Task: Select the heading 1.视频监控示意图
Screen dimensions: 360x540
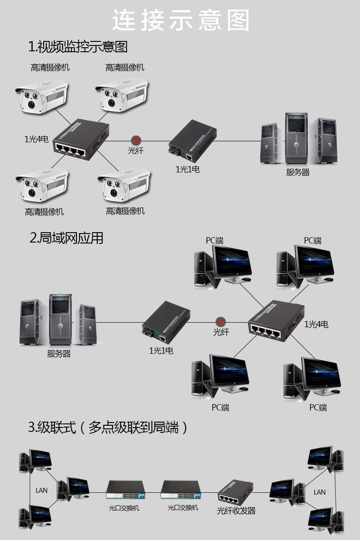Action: tap(78, 46)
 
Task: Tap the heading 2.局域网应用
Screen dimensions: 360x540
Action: tap(66, 238)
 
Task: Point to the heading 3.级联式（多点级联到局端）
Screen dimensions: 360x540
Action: tap(108, 427)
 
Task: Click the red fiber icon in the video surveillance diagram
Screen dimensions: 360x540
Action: tap(136, 140)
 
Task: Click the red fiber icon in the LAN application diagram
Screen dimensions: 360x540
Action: tap(220, 322)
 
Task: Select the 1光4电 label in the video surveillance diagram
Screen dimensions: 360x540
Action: tap(36, 139)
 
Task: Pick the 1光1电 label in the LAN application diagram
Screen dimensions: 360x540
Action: tap(161, 351)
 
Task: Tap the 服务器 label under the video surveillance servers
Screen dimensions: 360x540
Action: tap(298, 172)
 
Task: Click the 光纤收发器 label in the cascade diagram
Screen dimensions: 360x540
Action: tap(236, 510)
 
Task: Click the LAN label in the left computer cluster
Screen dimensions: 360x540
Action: tap(41, 490)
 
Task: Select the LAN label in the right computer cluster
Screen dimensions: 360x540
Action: tap(319, 492)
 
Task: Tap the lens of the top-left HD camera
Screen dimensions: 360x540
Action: tap(31, 104)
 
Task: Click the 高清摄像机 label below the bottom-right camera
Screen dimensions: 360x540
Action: tap(125, 211)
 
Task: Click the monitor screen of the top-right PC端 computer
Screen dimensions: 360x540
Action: tap(314, 261)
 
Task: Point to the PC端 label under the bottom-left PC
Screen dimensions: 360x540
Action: tap(220, 407)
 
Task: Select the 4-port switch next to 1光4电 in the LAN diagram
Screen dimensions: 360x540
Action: tap(276, 320)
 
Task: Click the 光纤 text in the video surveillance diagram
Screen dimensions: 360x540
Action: tap(135, 150)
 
